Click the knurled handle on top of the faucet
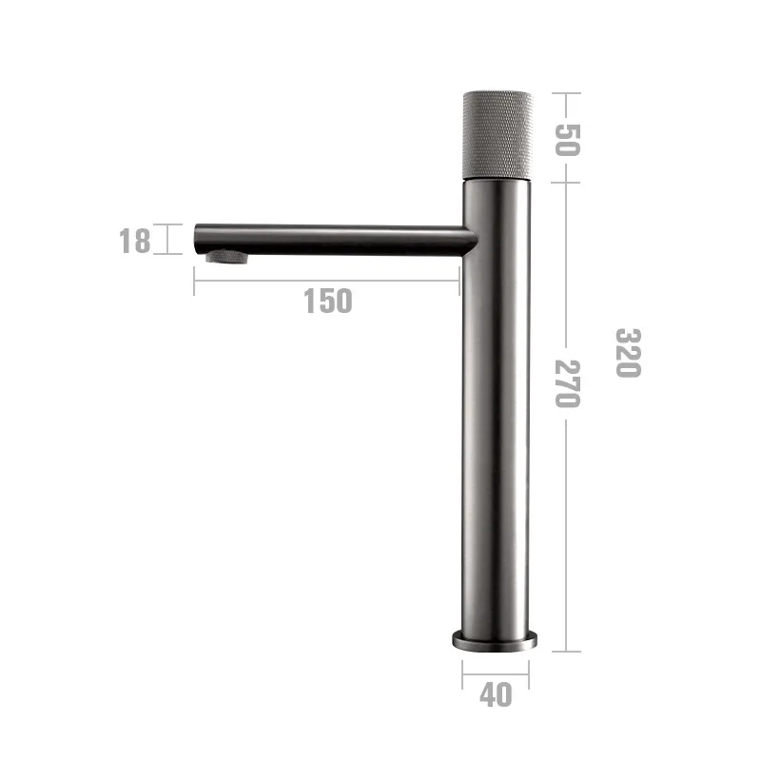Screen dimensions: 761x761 (x=497, y=134)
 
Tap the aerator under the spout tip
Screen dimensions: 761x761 (x=227, y=256)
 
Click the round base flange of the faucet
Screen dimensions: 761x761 (x=495, y=639)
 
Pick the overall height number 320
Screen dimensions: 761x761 (x=627, y=352)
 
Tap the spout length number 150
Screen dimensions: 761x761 (x=328, y=301)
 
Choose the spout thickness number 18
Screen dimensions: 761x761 (x=135, y=241)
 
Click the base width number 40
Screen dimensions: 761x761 (x=495, y=695)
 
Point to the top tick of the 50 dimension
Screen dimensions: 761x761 (x=567, y=93)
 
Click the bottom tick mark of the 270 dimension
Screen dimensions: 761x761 (x=567, y=652)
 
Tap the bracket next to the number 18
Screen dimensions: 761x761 (x=168, y=239)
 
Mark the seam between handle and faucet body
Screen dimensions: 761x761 (x=497, y=180)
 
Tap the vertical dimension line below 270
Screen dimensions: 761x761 (x=567, y=533)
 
